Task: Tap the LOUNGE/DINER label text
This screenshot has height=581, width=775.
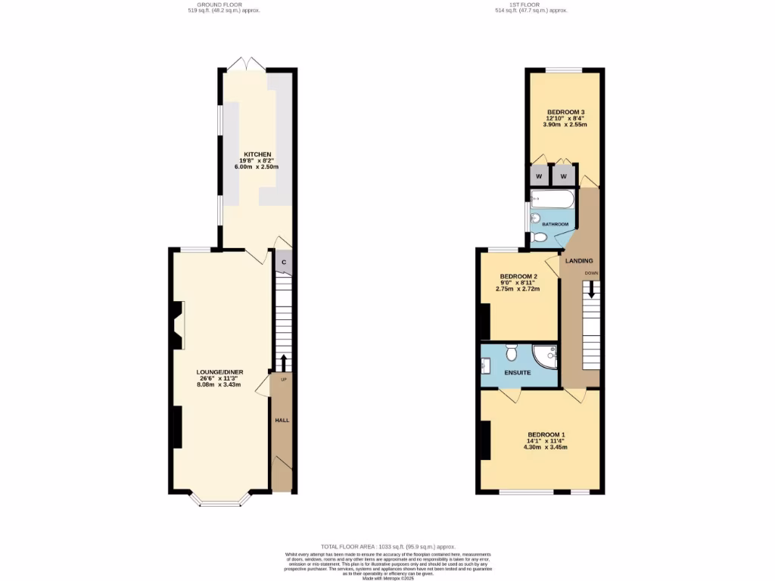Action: pyautogui.click(x=218, y=372)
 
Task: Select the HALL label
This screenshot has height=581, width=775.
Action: pyautogui.click(x=282, y=420)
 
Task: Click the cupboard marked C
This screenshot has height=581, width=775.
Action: pyautogui.click(x=284, y=262)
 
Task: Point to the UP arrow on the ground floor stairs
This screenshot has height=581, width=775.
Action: pyautogui.click(x=284, y=362)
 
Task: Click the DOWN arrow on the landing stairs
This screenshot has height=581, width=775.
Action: pyautogui.click(x=592, y=288)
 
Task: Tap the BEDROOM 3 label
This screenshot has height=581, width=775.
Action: pyautogui.click(x=566, y=112)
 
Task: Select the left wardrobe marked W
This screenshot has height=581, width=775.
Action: pyautogui.click(x=539, y=176)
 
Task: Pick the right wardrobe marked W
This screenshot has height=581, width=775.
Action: pyautogui.click(x=563, y=176)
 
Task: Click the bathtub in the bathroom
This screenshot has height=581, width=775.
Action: pyautogui.click(x=552, y=200)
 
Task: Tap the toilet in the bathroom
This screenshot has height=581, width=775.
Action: pyautogui.click(x=539, y=237)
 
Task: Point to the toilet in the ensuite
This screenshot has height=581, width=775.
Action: pyautogui.click(x=511, y=353)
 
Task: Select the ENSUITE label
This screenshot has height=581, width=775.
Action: pyautogui.click(x=518, y=373)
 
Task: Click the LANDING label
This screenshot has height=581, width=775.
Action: pyautogui.click(x=580, y=261)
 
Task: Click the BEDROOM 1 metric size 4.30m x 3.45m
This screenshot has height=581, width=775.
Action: pyautogui.click(x=545, y=447)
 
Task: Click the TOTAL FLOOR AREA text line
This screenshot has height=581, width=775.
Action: pyautogui.click(x=387, y=546)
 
